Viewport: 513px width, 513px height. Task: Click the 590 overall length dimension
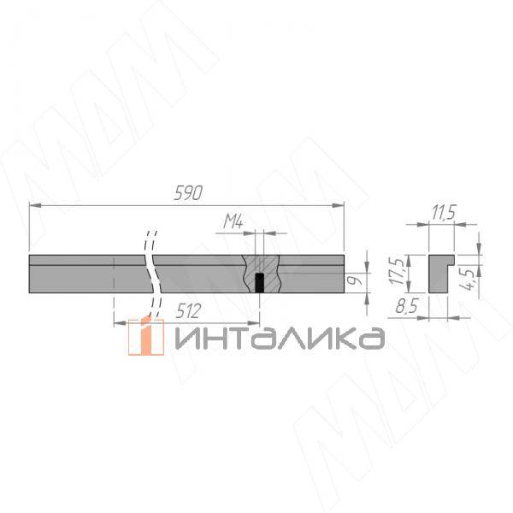pos(188,192)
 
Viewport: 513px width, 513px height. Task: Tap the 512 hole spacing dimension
pos(188,311)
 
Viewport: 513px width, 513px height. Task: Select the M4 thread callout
pos(233,221)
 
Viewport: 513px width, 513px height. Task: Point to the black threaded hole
pos(259,283)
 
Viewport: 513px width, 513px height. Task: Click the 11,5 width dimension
pos(444,213)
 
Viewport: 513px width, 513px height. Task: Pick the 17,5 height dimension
pos(398,271)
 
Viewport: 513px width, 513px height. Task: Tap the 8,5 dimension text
pos(407,307)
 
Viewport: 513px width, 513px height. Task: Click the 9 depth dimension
pos(357,280)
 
